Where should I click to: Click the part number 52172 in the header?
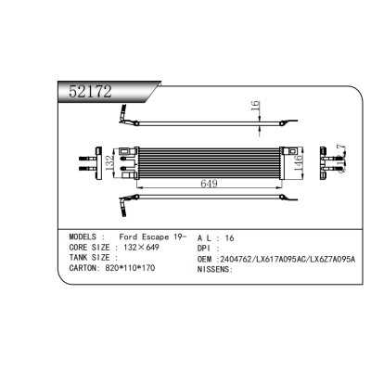click(x=91, y=91)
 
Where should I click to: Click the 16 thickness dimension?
click(x=254, y=109)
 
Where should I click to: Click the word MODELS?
click(x=87, y=237)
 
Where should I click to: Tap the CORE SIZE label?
click(x=90, y=248)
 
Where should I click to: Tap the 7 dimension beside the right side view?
click(x=341, y=148)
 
